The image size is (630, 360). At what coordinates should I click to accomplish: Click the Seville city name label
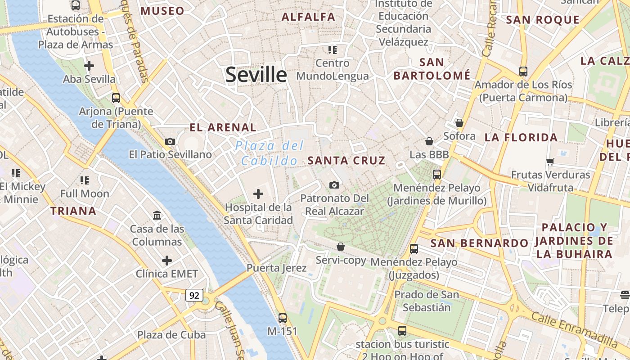[x=256, y=74]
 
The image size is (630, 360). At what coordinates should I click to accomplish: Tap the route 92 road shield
[x=194, y=296]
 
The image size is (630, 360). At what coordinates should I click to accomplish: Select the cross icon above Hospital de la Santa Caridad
[x=258, y=194]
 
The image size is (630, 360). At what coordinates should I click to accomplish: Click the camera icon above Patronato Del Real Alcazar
[x=334, y=185]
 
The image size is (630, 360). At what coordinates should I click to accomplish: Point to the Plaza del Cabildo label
[x=270, y=153]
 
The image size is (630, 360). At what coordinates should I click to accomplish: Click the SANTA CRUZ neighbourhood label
[x=346, y=161]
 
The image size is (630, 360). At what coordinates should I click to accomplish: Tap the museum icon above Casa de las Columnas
[x=157, y=216]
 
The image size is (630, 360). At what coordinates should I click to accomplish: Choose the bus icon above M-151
[x=282, y=318]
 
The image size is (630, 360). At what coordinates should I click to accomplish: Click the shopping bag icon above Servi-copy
[x=341, y=247]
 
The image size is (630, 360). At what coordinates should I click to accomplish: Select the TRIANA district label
[x=73, y=211]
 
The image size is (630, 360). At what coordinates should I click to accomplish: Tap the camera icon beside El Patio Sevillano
[x=170, y=141]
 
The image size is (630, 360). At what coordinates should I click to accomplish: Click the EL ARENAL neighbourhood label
[x=223, y=127]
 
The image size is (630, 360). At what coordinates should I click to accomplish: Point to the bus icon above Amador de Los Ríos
[x=523, y=71]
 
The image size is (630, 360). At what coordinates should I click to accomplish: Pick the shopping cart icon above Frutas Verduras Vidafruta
[x=550, y=162]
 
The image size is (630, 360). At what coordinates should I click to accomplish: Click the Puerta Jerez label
[x=276, y=268]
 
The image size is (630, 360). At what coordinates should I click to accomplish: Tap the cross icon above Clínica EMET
[x=167, y=261]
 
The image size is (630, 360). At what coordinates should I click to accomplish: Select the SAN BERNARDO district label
[x=480, y=243]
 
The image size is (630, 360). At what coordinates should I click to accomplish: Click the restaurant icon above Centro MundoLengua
[x=332, y=49]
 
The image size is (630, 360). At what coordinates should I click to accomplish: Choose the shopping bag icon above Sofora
[x=459, y=123]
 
